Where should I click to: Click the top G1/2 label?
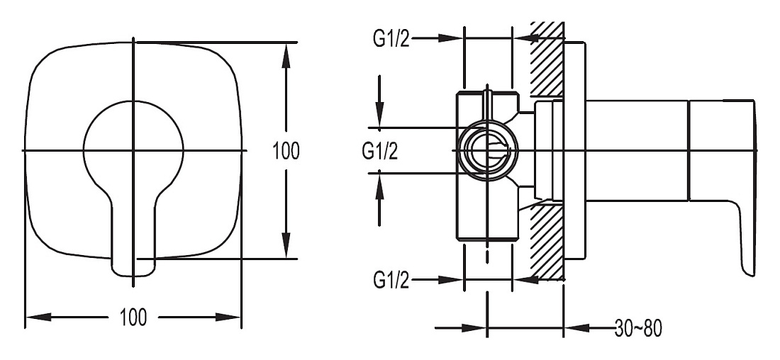[x=391, y=38]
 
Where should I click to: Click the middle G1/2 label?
[x=380, y=151]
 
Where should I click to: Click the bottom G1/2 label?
[x=391, y=281]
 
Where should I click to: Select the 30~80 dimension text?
[x=638, y=328]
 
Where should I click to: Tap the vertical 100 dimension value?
[x=286, y=150]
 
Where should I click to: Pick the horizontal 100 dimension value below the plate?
[x=133, y=317]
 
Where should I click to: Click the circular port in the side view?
[x=488, y=150]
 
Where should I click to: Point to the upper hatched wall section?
[x=547, y=60]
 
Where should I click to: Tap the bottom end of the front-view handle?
[x=133, y=273]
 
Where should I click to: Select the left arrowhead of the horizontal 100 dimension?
[x=38, y=317]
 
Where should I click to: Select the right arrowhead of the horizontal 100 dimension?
[x=228, y=317]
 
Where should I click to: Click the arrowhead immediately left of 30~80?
[x=577, y=328]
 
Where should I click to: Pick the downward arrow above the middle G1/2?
[x=379, y=102]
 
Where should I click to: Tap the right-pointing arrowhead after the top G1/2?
[x=451, y=38]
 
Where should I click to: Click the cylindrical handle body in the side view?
[x=637, y=151]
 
